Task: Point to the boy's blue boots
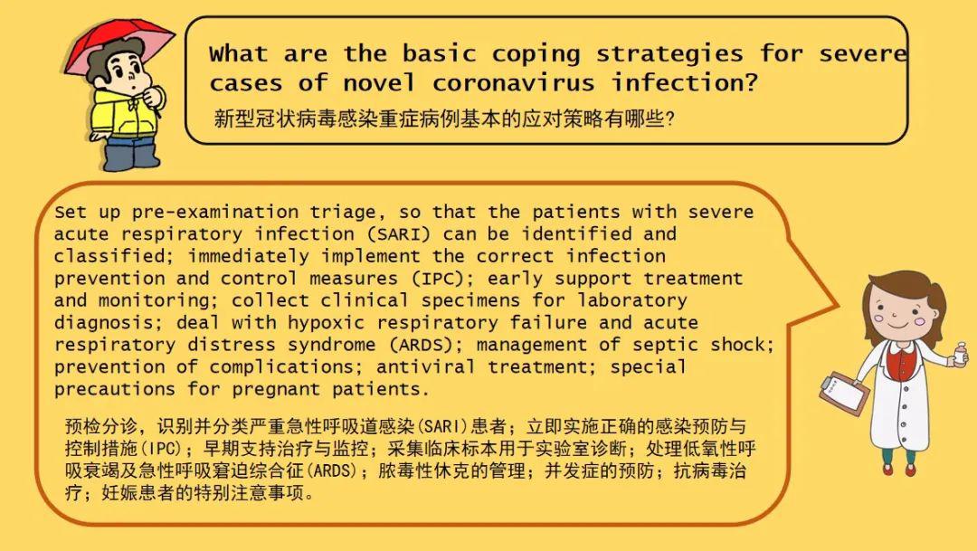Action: (x=131, y=156)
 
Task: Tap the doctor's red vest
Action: (x=901, y=362)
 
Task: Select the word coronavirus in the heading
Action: (x=513, y=82)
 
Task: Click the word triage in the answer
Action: (x=343, y=213)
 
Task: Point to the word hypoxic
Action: (x=326, y=324)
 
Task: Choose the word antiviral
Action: (x=425, y=366)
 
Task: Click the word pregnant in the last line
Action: (x=276, y=390)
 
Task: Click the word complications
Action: (x=281, y=367)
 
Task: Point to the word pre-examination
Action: (x=215, y=213)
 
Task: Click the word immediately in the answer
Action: (x=248, y=257)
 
